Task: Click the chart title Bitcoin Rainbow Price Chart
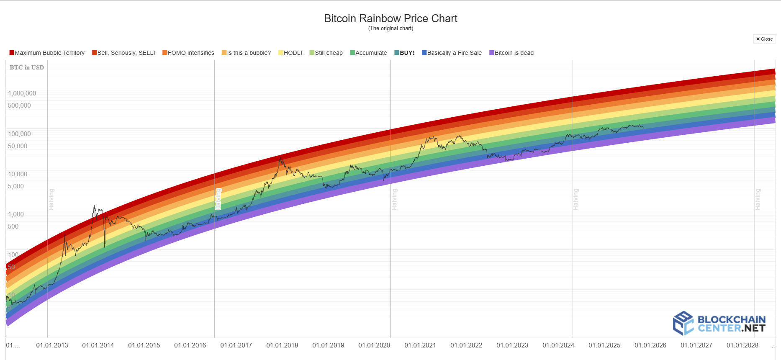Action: [x=390, y=18]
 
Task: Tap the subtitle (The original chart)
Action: [x=390, y=28]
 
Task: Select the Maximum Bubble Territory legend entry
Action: [x=47, y=53]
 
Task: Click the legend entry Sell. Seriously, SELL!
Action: [x=123, y=53]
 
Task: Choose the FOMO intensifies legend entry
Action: [x=188, y=53]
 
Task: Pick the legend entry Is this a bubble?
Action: [x=246, y=53]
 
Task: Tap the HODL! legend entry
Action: [x=290, y=53]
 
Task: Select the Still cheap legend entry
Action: [x=326, y=53]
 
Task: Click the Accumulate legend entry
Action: [x=368, y=53]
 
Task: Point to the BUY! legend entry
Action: [x=404, y=53]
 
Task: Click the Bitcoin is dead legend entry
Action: [x=511, y=53]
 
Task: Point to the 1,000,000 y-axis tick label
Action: [x=22, y=93]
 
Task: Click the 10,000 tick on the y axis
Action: [x=18, y=174]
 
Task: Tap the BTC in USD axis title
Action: [x=27, y=67]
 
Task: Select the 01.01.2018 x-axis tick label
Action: [x=282, y=345]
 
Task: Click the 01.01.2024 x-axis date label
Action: [x=558, y=345]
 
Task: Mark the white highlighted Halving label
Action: [x=218, y=199]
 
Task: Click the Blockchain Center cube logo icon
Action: [x=683, y=323]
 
